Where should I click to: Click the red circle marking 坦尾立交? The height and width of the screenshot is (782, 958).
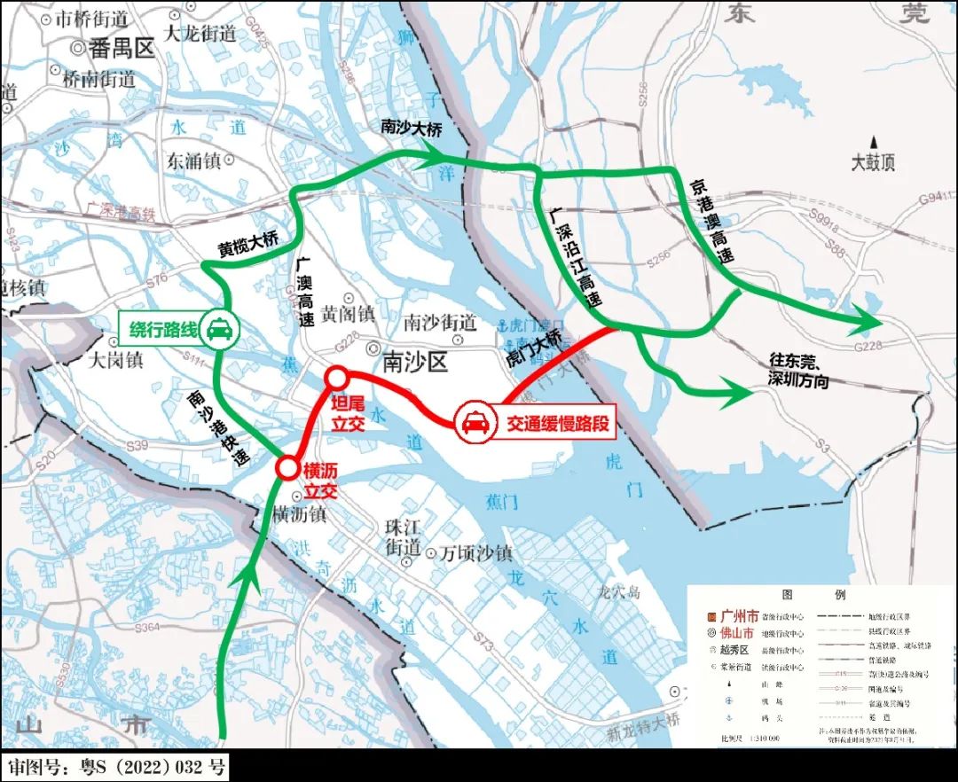click(x=335, y=379)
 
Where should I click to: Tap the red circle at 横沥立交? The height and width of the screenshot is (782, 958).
click(x=287, y=467)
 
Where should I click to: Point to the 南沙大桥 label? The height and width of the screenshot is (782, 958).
click(x=410, y=128)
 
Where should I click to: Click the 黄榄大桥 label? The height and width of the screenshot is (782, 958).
click(x=249, y=245)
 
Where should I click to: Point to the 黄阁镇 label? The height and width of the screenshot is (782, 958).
click(x=348, y=314)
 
